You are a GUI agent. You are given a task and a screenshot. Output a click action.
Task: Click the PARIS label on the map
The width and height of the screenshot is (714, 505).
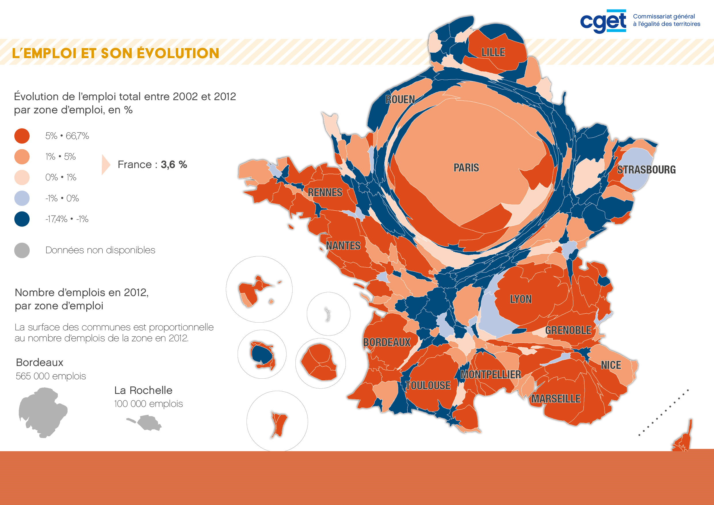click(466, 168)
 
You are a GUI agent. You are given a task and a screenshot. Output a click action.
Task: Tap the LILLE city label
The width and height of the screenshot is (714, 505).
click(493, 52)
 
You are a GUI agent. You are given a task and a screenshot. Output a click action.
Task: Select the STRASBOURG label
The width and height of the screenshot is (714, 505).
click(646, 169)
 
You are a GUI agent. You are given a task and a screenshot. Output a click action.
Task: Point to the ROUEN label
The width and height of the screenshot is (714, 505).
click(400, 100)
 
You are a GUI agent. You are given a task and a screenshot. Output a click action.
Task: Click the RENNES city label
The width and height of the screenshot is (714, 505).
click(325, 192)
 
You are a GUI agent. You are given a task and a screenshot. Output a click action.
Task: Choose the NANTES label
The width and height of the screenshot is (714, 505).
click(343, 246)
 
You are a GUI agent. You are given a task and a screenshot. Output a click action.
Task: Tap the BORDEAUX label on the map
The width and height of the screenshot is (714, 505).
click(387, 342)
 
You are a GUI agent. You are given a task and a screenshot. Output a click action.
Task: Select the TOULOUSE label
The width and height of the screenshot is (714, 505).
click(428, 386)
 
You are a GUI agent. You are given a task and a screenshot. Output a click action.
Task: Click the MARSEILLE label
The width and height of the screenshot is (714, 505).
click(556, 399)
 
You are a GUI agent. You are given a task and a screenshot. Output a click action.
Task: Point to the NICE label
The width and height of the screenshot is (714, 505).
click(611, 365)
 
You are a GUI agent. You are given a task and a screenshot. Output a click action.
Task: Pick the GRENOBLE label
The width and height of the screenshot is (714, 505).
click(568, 330)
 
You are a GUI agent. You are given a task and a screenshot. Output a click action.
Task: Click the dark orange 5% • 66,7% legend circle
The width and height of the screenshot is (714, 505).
click(22, 136)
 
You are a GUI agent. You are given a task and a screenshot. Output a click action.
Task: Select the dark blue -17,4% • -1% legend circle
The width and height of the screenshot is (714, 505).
click(22, 219)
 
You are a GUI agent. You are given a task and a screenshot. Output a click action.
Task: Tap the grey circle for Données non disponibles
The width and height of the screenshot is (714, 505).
click(22, 250)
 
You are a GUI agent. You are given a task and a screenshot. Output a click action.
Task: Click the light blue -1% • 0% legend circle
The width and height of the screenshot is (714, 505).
click(22, 198)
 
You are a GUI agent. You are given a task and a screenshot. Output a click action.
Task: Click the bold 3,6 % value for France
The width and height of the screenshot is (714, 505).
click(174, 164)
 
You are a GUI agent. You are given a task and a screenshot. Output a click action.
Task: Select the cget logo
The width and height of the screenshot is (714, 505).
click(603, 21)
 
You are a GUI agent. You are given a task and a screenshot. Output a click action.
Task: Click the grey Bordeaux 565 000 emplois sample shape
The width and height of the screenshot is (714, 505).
click(43, 413)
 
